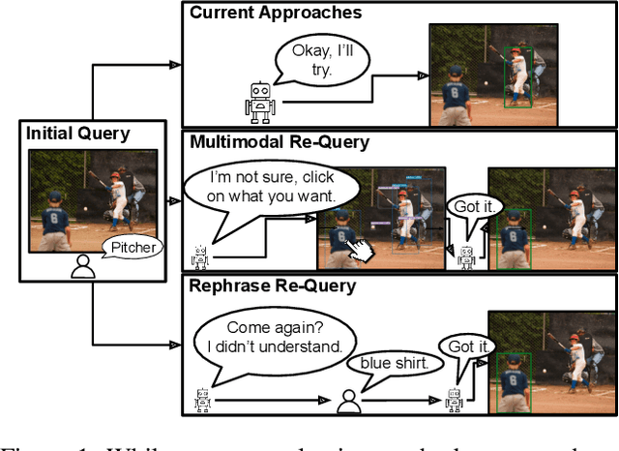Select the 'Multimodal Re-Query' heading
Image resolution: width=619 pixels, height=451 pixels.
[279, 142]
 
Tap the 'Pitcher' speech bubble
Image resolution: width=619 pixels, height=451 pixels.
[133, 249]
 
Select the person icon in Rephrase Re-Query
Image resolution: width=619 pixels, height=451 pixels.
[348, 401]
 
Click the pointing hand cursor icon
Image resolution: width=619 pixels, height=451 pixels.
[361, 249]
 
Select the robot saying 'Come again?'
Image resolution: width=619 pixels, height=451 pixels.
[202, 399]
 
